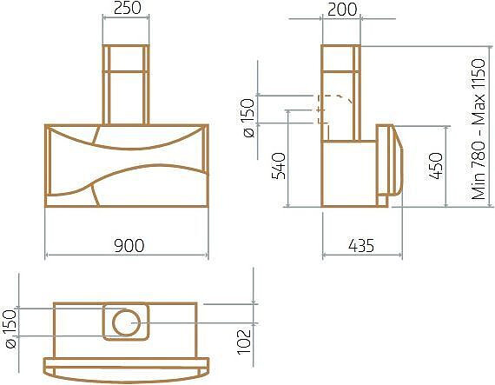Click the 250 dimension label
coord(127,8)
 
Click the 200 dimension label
coord(342,10)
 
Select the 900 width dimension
coord(129,245)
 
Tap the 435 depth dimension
coord(361,245)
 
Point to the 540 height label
coord(279,166)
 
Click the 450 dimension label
coord(436,166)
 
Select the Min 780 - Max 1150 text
coord(478,129)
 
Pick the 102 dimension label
coord(244,342)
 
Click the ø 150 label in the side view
coord(248,118)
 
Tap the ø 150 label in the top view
coord(10,329)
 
